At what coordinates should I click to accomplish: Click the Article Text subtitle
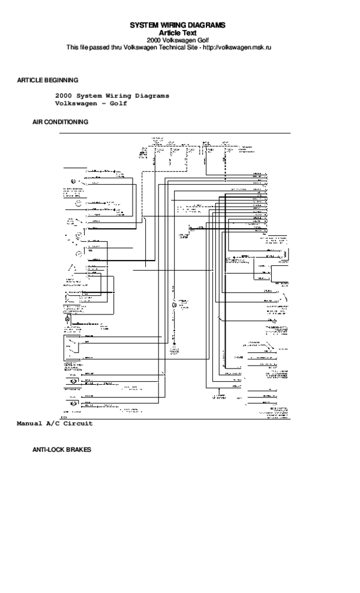[x=178, y=32]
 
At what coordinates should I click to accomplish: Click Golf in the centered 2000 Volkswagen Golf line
[x=205, y=40]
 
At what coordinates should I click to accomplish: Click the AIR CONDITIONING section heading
[x=60, y=121]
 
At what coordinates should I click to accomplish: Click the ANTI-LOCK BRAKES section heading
[x=61, y=449]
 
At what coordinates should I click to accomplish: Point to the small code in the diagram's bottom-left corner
[x=63, y=415]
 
